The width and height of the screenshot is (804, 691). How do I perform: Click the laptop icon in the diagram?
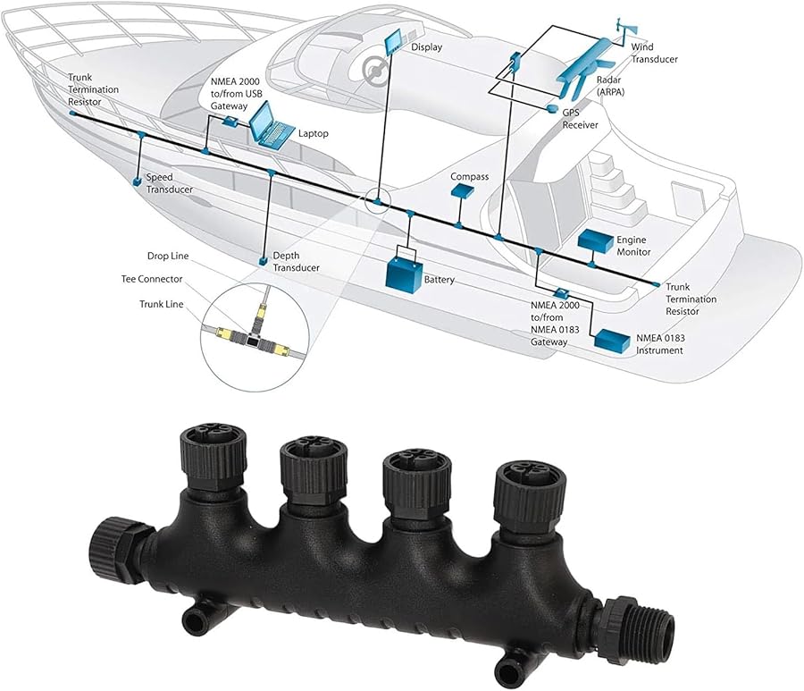point(271,124)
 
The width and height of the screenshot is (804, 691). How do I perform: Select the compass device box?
point(463,190)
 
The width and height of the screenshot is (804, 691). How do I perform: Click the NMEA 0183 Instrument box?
point(612,340)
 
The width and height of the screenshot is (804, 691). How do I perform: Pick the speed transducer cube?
point(137,181)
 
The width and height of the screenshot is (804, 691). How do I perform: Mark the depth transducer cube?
point(263,261)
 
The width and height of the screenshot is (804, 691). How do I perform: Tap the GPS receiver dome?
point(552,108)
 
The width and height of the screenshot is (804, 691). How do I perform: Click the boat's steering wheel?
point(374,68)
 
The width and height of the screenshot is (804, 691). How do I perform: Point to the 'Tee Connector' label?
point(152,279)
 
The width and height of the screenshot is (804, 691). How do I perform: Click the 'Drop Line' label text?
point(168,256)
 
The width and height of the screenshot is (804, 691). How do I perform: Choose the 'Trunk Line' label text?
point(161,304)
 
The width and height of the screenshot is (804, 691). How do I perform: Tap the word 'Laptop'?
point(314,133)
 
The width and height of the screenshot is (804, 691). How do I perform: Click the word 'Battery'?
point(440,280)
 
